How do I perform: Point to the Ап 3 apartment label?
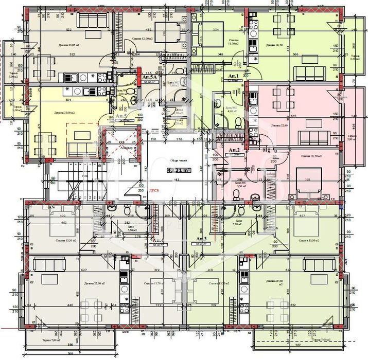(202, 239)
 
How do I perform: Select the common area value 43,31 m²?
(179, 170)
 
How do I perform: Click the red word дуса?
(153, 190)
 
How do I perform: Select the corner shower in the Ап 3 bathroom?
(226, 210)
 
